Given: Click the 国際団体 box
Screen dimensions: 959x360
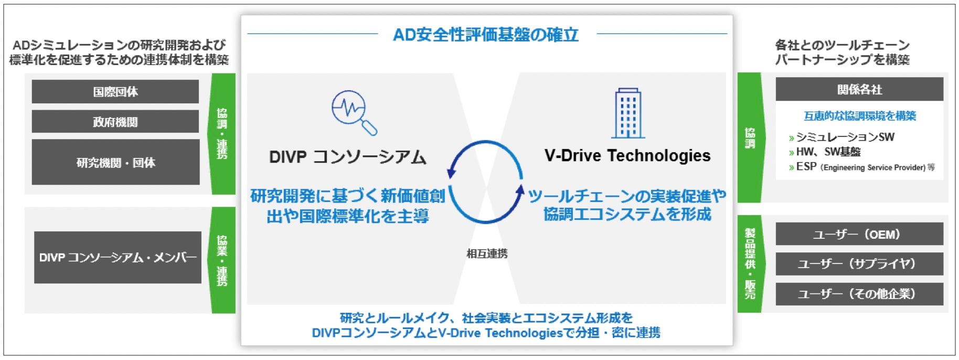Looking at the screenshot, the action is click(115, 92).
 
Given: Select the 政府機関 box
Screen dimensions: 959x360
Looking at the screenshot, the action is click(115, 122).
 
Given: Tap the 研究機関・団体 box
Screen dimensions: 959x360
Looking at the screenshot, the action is click(115, 162).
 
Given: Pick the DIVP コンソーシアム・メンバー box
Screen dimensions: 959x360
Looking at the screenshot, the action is click(118, 257).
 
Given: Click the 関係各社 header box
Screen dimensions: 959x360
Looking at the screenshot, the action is click(859, 89).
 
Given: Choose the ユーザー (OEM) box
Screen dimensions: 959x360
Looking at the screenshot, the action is click(859, 234).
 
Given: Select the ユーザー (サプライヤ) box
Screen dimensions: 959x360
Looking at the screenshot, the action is click(859, 263).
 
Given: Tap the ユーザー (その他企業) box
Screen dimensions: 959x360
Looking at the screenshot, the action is click(859, 294).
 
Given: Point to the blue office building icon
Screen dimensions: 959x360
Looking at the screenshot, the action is click(628, 113).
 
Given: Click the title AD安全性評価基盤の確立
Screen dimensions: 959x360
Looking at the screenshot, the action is click(486, 35).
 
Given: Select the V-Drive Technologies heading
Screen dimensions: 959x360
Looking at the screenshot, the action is click(627, 155).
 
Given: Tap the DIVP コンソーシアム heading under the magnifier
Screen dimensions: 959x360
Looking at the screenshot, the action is click(348, 157).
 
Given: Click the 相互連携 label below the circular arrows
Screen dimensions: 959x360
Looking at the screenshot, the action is click(487, 254).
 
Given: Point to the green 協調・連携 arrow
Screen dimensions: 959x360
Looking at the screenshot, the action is click(222, 133).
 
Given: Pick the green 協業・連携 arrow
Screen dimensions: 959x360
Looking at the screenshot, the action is click(222, 260).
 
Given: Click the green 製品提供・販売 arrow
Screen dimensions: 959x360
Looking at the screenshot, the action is click(750, 263).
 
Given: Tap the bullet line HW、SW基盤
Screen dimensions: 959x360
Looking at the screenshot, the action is click(825, 152).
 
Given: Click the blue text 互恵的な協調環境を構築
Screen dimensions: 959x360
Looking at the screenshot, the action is click(860, 116).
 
